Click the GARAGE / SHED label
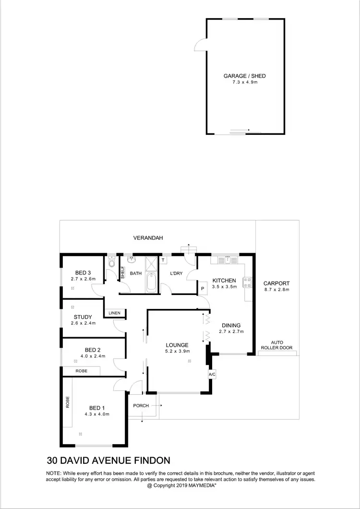[244, 76]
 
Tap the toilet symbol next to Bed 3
[112, 262]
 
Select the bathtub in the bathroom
[151, 283]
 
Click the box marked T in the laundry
[163, 260]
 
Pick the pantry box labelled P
[203, 289]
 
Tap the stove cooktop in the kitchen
[248, 282]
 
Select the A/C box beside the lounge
[211, 374]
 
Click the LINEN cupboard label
[114, 313]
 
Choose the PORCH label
[141, 405]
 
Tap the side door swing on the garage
[200, 46]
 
